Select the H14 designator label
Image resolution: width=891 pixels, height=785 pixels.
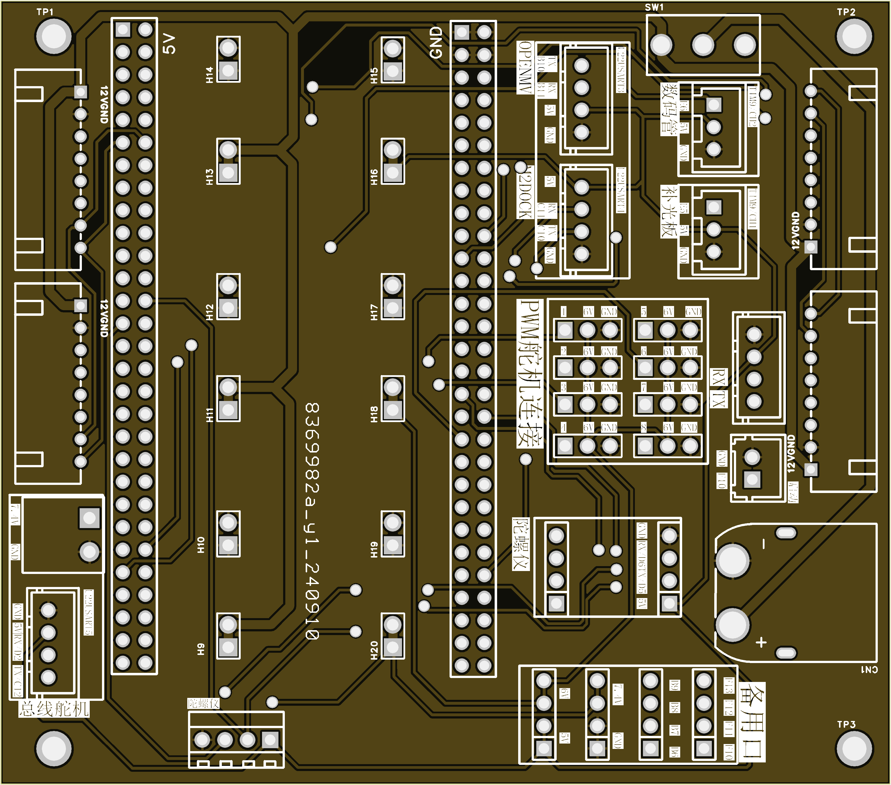(210, 75)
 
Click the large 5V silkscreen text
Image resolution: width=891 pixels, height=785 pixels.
(169, 44)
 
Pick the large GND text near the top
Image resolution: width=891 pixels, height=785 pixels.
(436, 42)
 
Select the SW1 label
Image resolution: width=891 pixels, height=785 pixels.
(654, 7)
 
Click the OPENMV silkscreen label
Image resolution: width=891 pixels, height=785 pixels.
(525, 68)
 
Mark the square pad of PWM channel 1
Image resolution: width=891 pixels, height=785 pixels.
(565, 330)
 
